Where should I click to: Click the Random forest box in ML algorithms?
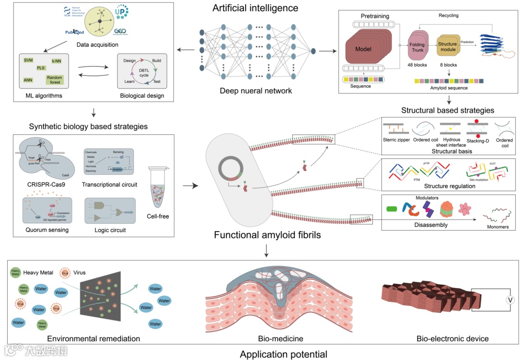pyautogui.click(x=55, y=79)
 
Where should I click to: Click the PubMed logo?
pyautogui.click(x=75, y=32)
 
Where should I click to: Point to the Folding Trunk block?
pyautogui.click(x=417, y=47)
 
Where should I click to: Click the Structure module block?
pyautogui.click(x=447, y=47)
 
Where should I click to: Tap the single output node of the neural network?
pyautogui.click(x=313, y=51)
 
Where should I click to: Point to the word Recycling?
pyautogui.click(x=448, y=15)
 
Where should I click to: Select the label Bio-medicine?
pyautogui.click(x=280, y=339)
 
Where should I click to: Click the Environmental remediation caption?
pyautogui.click(x=93, y=339)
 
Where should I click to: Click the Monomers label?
pyautogui.click(x=496, y=227)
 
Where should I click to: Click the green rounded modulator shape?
pyautogui.click(x=391, y=209)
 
